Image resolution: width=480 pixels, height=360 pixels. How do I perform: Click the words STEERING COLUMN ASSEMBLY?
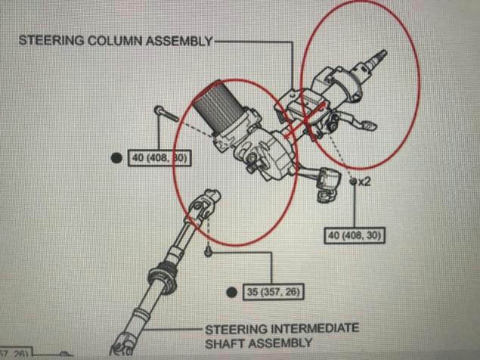[x=116, y=40]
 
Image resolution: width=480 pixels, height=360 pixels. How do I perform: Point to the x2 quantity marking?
[x=364, y=182]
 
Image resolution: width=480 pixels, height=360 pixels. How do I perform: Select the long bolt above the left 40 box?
[x=165, y=114]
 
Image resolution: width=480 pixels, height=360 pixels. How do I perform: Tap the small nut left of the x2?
[x=352, y=182]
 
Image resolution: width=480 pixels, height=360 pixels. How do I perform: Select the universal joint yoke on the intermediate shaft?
[x=200, y=208]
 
